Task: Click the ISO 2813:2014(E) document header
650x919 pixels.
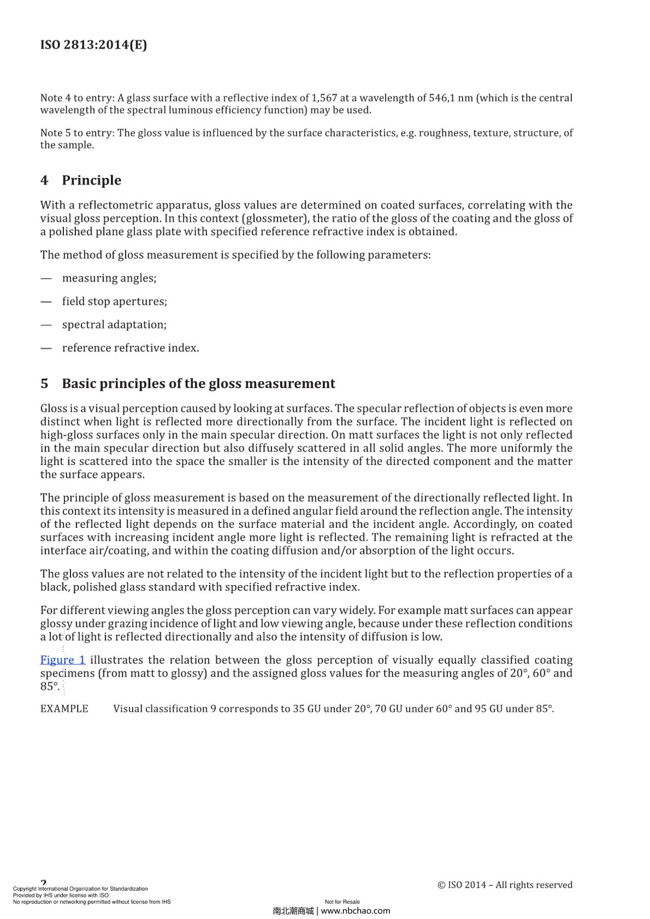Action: (93, 45)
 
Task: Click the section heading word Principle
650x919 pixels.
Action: (91, 180)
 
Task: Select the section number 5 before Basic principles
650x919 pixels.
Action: (44, 384)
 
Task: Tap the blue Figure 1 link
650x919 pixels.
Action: (62, 660)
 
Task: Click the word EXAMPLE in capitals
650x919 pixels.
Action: (64, 709)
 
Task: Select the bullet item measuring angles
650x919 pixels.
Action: (109, 278)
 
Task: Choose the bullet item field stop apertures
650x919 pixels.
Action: (114, 301)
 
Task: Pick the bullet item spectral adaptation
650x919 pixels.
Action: (114, 325)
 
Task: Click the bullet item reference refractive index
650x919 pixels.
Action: (130, 348)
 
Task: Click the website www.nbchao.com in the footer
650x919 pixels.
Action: (355, 910)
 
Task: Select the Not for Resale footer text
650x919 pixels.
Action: (342, 902)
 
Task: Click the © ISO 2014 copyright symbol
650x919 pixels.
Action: (441, 885)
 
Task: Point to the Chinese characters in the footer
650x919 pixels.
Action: (293, 910)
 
